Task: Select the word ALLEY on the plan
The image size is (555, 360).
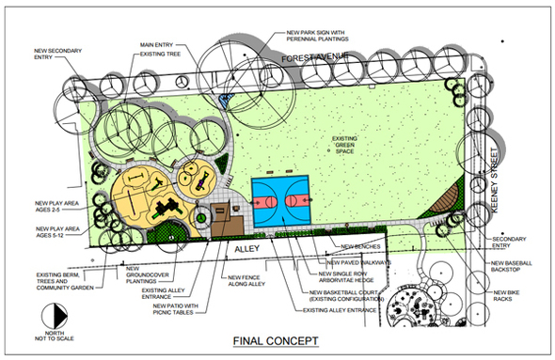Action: [244, 250]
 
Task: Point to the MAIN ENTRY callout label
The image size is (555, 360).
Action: [159, 44]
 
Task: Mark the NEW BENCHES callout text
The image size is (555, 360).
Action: [360, 248]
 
